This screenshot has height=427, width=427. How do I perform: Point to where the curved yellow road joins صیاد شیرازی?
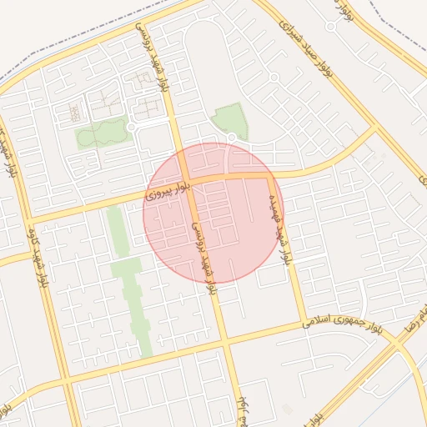pyautogui.click(x=375, y=130)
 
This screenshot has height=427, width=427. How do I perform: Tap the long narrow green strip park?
pyautogui.click(x=129, y=284)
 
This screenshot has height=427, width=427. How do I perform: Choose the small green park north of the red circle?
pyautogui.click(x=230, y=120)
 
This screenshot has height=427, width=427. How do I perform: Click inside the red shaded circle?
pyautogui.click(x=213, y=212)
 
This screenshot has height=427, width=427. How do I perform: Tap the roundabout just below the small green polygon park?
pyautogui.click(x=232, y=138)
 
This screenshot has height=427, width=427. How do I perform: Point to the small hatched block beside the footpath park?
pyautogui.click(x=76, y=112)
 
